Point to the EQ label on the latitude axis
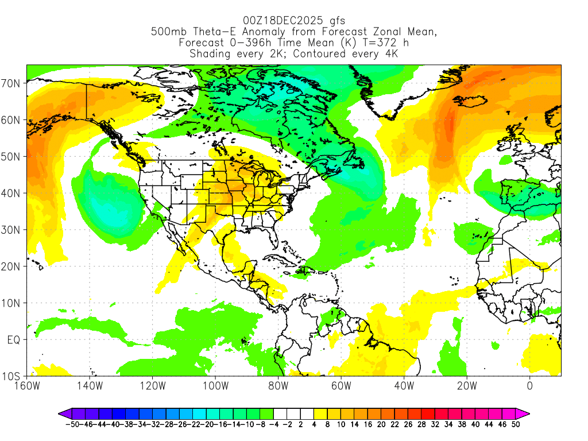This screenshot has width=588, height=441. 14,340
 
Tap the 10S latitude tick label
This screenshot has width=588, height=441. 11,377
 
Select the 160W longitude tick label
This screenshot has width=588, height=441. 27,385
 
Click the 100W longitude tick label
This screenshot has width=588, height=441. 215,385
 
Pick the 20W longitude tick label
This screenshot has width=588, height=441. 467,385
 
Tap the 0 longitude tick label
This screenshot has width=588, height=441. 529,385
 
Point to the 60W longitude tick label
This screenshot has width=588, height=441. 341,385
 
